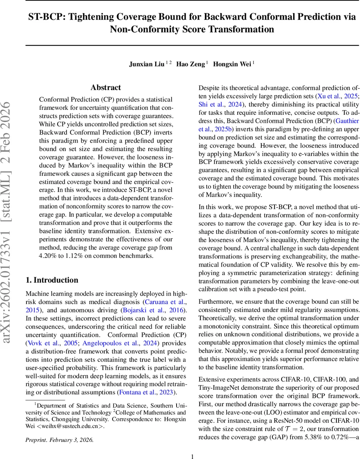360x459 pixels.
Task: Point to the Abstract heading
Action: [106, 88]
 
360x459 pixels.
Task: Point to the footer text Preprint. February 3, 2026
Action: [59, 439]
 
